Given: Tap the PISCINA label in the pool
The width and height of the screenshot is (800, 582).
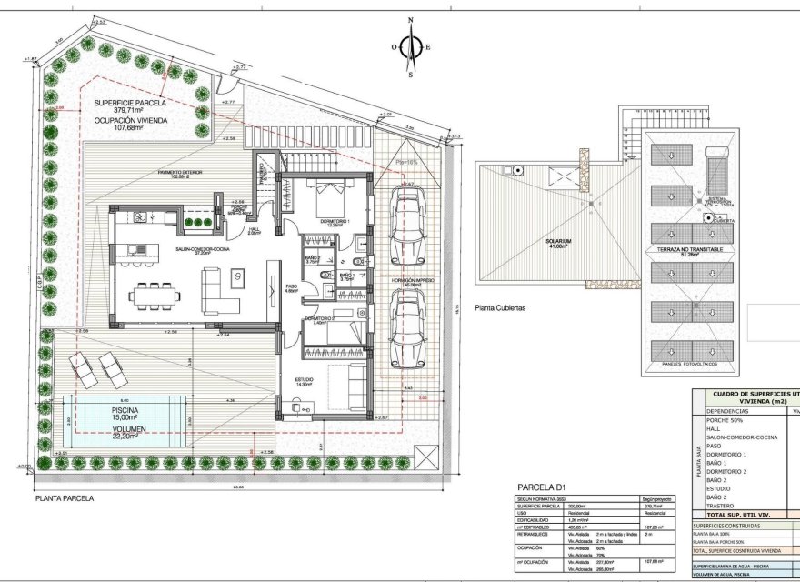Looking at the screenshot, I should (x=125, y=410).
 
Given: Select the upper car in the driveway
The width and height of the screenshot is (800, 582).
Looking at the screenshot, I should (x=406, y=225).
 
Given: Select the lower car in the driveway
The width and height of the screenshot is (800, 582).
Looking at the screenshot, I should (x=406, y=328).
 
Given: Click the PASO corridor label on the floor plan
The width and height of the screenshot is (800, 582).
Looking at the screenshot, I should (x=291, y=286).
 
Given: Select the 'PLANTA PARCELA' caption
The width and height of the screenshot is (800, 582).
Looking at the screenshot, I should (x=65, y=498).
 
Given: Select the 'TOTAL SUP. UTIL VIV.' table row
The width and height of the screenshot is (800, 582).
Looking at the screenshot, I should (x=744, y=515).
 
